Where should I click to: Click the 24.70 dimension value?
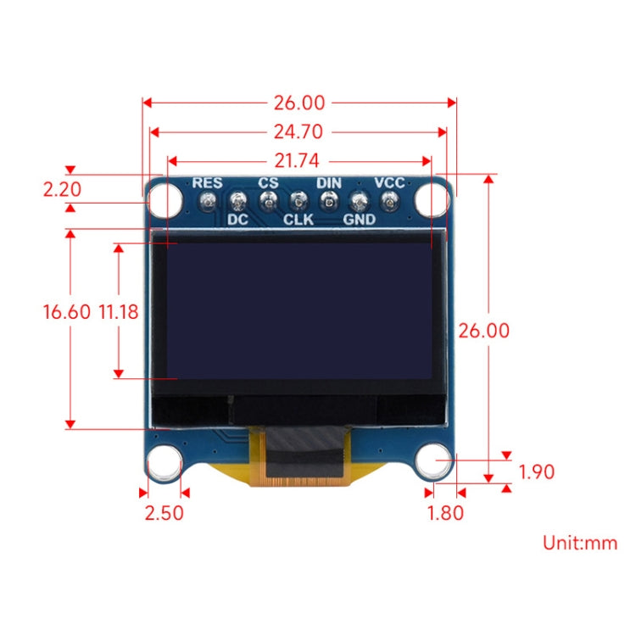point(298,131)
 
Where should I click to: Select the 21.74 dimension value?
point(298,159)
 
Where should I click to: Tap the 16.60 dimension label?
point(66,311)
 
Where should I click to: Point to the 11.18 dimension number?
point(118,311)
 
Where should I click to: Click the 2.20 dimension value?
point(63,188)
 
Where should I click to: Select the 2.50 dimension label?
point(163,513)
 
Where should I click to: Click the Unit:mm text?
point(580,543)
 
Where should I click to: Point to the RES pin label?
point(207,182)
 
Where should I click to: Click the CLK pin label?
point(298,220)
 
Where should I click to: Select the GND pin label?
point(360,220)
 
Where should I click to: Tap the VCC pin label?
point(389,182)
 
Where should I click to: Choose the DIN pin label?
point(329,182)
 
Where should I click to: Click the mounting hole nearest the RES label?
point(165,200)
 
